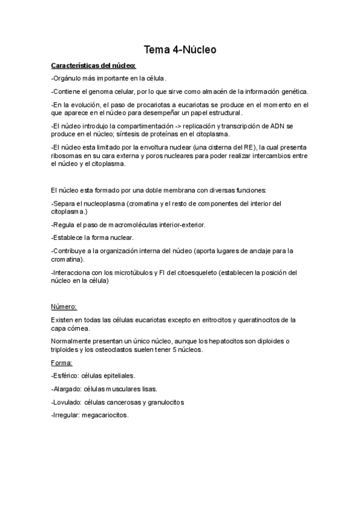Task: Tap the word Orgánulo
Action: pyautogui.click(x=70, y=78)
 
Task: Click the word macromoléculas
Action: pyautogui.click(x=136, y=224)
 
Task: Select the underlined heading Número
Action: pyautogui.click(x=64, y=307)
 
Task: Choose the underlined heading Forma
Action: pyautogui.click(x=63, y=363)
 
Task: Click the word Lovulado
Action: pyautogui.click(x=67, y=402)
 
